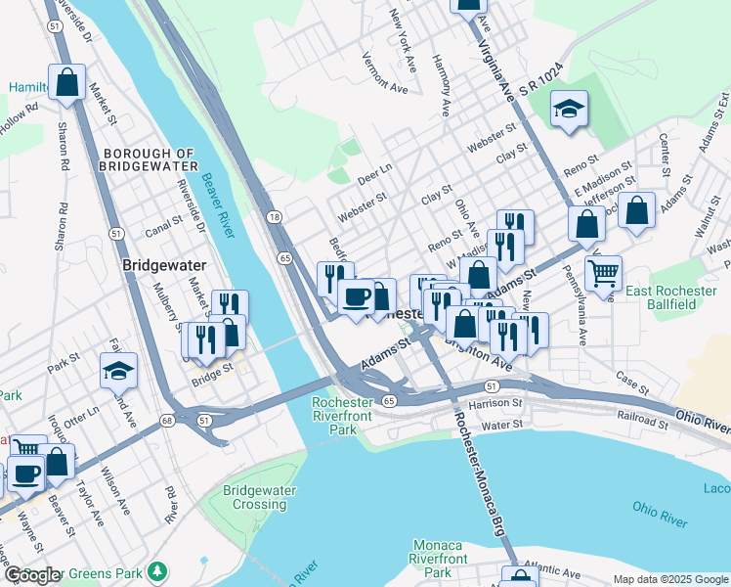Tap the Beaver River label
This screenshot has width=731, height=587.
coord(219,204)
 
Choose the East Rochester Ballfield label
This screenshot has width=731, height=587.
coord(674,297)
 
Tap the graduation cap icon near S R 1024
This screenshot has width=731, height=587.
coord(568,110)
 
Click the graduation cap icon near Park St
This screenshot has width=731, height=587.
coord(118,371)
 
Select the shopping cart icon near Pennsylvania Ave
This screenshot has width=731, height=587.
coord(604,272)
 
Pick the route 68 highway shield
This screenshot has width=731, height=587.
coord(168,421)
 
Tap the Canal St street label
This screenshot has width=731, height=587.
coord(163,222)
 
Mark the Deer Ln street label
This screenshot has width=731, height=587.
coord(374,174)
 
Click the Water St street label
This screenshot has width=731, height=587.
coord(503,426)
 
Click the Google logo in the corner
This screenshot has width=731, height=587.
coord(32,575)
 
